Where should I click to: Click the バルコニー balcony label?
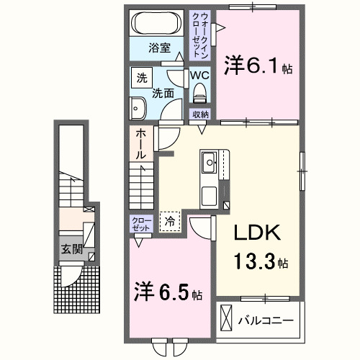[x=266, y=319]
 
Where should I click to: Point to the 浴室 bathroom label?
[x=159, y=48]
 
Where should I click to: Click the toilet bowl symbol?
[x=199, y=91]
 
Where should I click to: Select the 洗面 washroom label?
[x=163, y=92]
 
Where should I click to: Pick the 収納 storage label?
[x=200, y=114]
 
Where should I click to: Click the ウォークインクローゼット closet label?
[x=199, y=34]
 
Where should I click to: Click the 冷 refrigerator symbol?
[x=171, y=222]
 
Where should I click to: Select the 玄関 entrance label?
[x=71, y=250]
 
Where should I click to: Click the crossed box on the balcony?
[x=226, y=318]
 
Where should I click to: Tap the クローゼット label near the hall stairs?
[x=140, y=223]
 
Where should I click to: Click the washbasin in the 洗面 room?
[x=139, y=109]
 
